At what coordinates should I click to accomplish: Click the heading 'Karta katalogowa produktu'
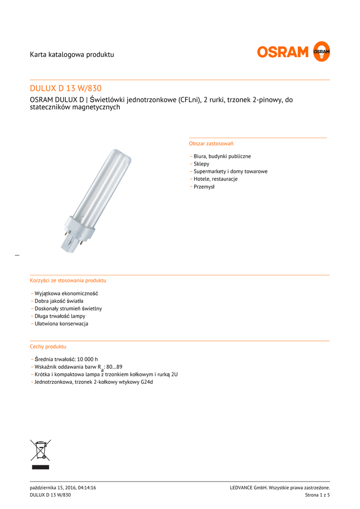[x=72, y=54]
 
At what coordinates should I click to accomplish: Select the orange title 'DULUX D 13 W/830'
[x=66, y=88]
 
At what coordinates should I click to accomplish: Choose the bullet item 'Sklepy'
[x=201, y=164]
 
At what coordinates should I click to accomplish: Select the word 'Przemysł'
[x=204, y=187]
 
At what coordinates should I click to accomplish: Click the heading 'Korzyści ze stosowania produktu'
[x=68, y=280]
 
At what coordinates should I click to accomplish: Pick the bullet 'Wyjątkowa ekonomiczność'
[x=66, y=293]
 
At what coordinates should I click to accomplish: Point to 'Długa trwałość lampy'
[x=60, y=316]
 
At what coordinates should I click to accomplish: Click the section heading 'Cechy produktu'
[x=48, y=346]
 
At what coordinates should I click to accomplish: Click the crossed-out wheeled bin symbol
[x=40, y=450]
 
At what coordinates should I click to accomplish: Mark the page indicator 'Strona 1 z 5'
[x=317, y=495]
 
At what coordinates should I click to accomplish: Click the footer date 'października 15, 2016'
[x=53, y=488]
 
